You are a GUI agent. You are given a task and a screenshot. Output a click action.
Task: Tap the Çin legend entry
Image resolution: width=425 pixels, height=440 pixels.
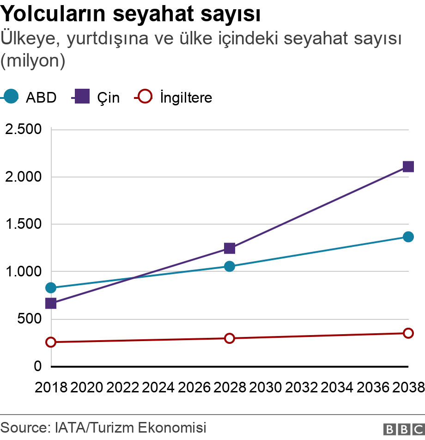coord(96,97)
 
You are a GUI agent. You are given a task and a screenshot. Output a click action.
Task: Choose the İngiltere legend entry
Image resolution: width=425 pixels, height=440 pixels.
coord(173,97)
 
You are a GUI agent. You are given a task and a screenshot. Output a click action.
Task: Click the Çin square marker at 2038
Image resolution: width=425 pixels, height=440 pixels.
coord(408,166)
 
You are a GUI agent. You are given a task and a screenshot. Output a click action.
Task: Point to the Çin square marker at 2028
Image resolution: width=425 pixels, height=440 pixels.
coord(230,249)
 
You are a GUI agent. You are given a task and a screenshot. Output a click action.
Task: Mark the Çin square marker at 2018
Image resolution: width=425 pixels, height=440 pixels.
coord(51,304)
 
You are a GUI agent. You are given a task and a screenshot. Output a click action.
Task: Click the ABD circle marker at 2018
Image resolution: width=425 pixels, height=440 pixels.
coord(51,288)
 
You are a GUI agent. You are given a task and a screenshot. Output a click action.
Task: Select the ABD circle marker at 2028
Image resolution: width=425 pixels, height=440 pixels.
coord(230,266)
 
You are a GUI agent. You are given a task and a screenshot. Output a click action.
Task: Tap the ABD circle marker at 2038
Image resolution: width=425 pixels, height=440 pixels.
coord(408,237)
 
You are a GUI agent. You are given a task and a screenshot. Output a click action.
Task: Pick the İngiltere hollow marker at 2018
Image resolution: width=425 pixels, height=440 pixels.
coord(51,342)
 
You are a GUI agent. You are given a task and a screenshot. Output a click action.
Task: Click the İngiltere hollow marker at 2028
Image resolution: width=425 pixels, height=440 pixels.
coord(230,338)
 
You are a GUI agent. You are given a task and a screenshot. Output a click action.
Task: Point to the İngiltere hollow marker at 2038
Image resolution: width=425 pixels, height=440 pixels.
coord(408,333)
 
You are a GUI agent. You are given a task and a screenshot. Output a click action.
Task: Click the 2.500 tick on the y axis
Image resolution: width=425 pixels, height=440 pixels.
coord(23,129)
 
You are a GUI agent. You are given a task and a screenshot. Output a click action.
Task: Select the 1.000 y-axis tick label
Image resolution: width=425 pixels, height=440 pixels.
coord(23,271)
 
